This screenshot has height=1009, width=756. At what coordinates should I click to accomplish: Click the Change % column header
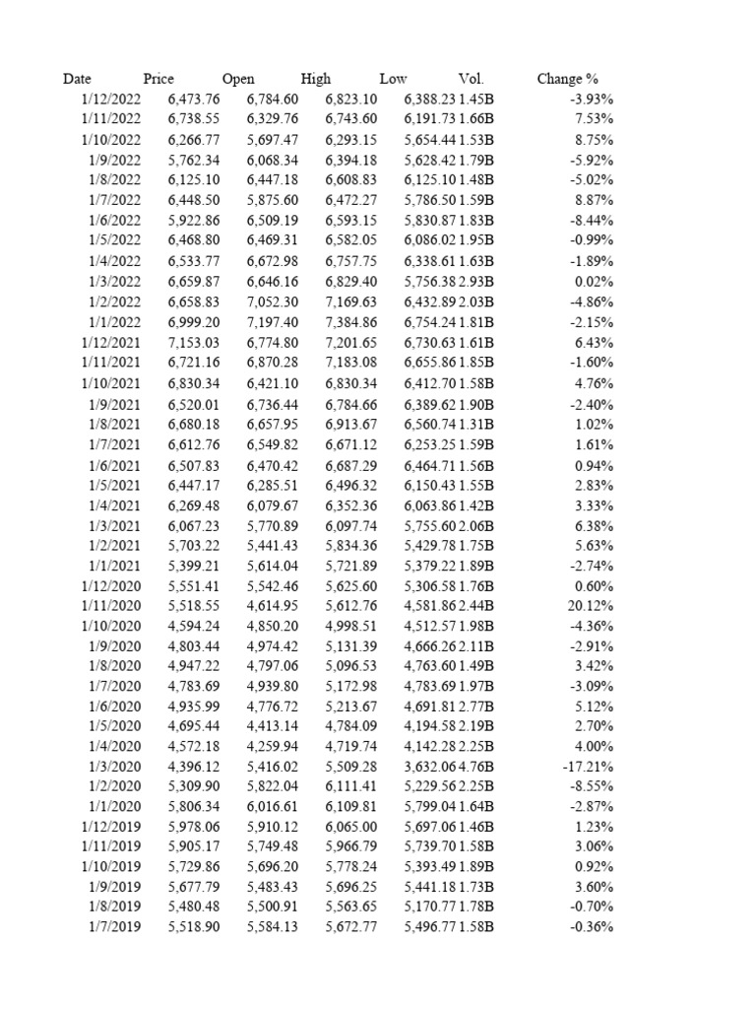tap(567, 79)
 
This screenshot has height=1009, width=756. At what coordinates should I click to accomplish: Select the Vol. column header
tap(472, 79)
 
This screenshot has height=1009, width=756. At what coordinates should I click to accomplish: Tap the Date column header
tap(77, 79)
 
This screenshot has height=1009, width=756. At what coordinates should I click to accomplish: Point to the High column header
tap(316, 79)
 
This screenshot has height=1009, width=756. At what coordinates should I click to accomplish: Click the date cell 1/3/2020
tap(114, 766)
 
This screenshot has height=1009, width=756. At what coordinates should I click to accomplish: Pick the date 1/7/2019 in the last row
tap(114, 926)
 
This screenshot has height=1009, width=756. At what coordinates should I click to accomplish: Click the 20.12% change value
tap(592, 604)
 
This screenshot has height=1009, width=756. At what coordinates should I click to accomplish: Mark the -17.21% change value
tap(590, 766)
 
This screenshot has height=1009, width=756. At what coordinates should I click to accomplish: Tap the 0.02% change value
tap(595, 281)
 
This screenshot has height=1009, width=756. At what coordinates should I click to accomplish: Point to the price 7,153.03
tap(194, 342)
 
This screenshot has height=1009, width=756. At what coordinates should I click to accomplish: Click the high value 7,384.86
tap(351, 321)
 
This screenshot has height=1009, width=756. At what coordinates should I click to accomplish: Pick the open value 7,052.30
tap(273, 302)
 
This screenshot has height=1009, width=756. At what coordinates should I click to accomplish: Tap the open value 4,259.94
tap(273, 746)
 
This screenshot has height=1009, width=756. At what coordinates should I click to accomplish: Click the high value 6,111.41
tap(351, 786)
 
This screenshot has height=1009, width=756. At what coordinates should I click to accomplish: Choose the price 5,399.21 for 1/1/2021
tap(194, 564)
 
